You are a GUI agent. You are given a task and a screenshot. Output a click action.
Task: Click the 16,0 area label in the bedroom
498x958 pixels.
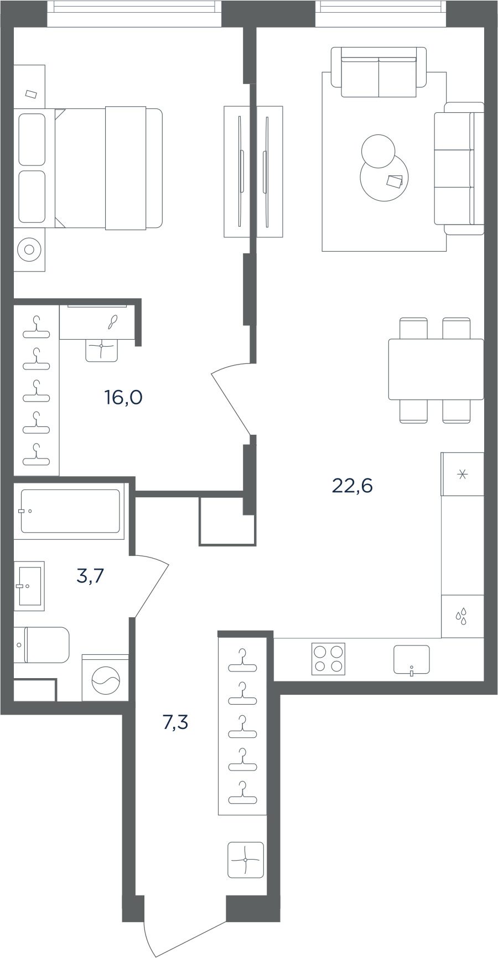tap(123, 397)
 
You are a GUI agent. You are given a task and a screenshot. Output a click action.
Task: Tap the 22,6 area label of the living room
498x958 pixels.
tap(352, 486)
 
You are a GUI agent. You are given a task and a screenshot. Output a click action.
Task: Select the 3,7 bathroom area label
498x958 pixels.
tap(90, 576)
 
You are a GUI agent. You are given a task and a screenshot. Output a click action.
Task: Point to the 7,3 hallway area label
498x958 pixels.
tap(175, 722)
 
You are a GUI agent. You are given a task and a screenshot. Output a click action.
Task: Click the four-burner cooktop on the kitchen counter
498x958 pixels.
tap(329, 659)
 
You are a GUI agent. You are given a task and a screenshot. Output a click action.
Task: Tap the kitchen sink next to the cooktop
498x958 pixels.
tap(412, 660)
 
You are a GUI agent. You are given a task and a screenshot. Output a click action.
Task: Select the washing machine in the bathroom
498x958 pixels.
tap(105, 678)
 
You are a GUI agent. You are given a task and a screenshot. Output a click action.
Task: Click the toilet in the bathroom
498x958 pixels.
tap(41, 645)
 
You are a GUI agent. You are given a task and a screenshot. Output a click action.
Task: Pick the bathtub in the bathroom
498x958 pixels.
tap(70, 511)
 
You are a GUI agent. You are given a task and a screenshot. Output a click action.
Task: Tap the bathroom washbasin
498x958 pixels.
tap(29, 586)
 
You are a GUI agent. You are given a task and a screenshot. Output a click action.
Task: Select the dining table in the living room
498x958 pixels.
tap(436, 369)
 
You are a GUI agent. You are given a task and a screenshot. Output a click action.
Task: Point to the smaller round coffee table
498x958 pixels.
tap(378, 151)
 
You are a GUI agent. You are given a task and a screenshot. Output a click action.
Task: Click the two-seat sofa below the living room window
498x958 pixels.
tap(379, 72)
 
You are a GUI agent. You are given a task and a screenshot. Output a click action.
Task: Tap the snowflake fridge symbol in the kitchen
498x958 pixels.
tap(463, 474)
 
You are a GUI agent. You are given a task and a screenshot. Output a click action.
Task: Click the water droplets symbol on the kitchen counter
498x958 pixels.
tap(461, 616)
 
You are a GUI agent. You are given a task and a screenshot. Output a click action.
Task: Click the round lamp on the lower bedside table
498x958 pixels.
tap(29, 250)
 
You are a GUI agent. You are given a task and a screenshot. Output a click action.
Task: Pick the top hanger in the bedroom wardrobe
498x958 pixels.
tap(37, 327)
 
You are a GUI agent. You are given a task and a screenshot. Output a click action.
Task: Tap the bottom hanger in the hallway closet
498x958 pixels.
tap(242, 793)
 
